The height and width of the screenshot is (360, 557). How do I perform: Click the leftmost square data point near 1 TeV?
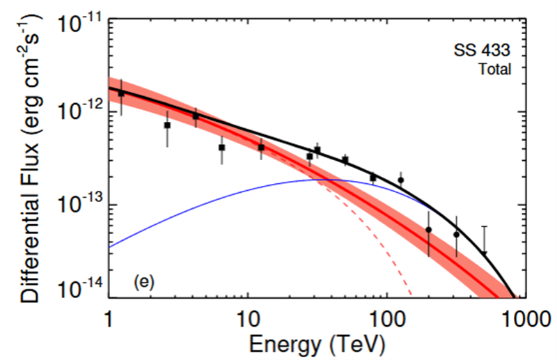click(121, 93)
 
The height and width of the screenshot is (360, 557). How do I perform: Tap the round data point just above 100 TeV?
click(401, 180)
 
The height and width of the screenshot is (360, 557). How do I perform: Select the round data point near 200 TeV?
click(428, 230)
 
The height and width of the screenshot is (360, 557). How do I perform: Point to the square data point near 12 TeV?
click(261, 148)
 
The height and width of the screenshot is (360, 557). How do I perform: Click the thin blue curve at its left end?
click(111, 246)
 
